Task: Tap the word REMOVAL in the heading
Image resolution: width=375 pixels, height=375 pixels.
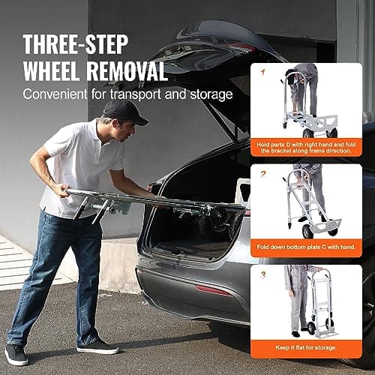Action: click(x=121, y=70)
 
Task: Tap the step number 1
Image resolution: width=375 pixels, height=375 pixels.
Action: click(x=263, y=72)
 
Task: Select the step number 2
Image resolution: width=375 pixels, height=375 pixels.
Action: click(x=263, y=174)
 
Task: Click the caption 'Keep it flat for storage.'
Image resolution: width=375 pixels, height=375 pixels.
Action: click(x=306, y=346)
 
